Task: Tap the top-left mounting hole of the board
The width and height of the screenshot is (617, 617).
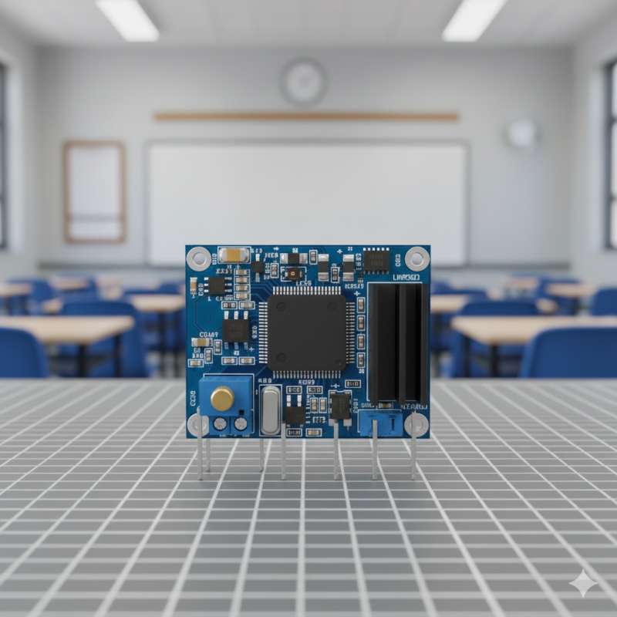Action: click(x=198, y=258)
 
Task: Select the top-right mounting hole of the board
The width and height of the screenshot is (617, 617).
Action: click(x=417, y=258)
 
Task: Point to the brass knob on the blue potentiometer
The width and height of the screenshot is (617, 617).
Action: click(x=222, y=399)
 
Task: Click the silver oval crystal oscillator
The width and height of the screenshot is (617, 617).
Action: click(x=271, y=410)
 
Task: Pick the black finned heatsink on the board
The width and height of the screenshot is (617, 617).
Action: click(x=397, y=343)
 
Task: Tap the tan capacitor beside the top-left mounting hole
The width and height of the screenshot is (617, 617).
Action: click(x=233, y=255)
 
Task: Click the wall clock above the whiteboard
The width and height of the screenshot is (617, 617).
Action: click(x=303, y=83)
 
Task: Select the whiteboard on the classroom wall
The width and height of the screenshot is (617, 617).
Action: click(x=307, y=202)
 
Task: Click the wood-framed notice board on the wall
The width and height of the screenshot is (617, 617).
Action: click(x=94, y=191)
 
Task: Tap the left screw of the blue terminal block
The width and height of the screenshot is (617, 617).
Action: click(x=220, y=423)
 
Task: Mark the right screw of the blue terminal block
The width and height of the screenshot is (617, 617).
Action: click(x=241, y=423)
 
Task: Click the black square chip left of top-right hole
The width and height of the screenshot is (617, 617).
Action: click(x=376, y=261)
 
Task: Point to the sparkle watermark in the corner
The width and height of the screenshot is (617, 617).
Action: click(x=583, y=584)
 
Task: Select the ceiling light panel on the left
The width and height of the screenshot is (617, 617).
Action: click(x=127, y=19)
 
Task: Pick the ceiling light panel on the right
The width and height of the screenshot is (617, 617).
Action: click(x=474, y=19)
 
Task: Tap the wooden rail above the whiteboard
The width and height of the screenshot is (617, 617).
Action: click(x=306, y=116)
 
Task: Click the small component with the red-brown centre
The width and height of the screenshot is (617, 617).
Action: click(x=292, y=272)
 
